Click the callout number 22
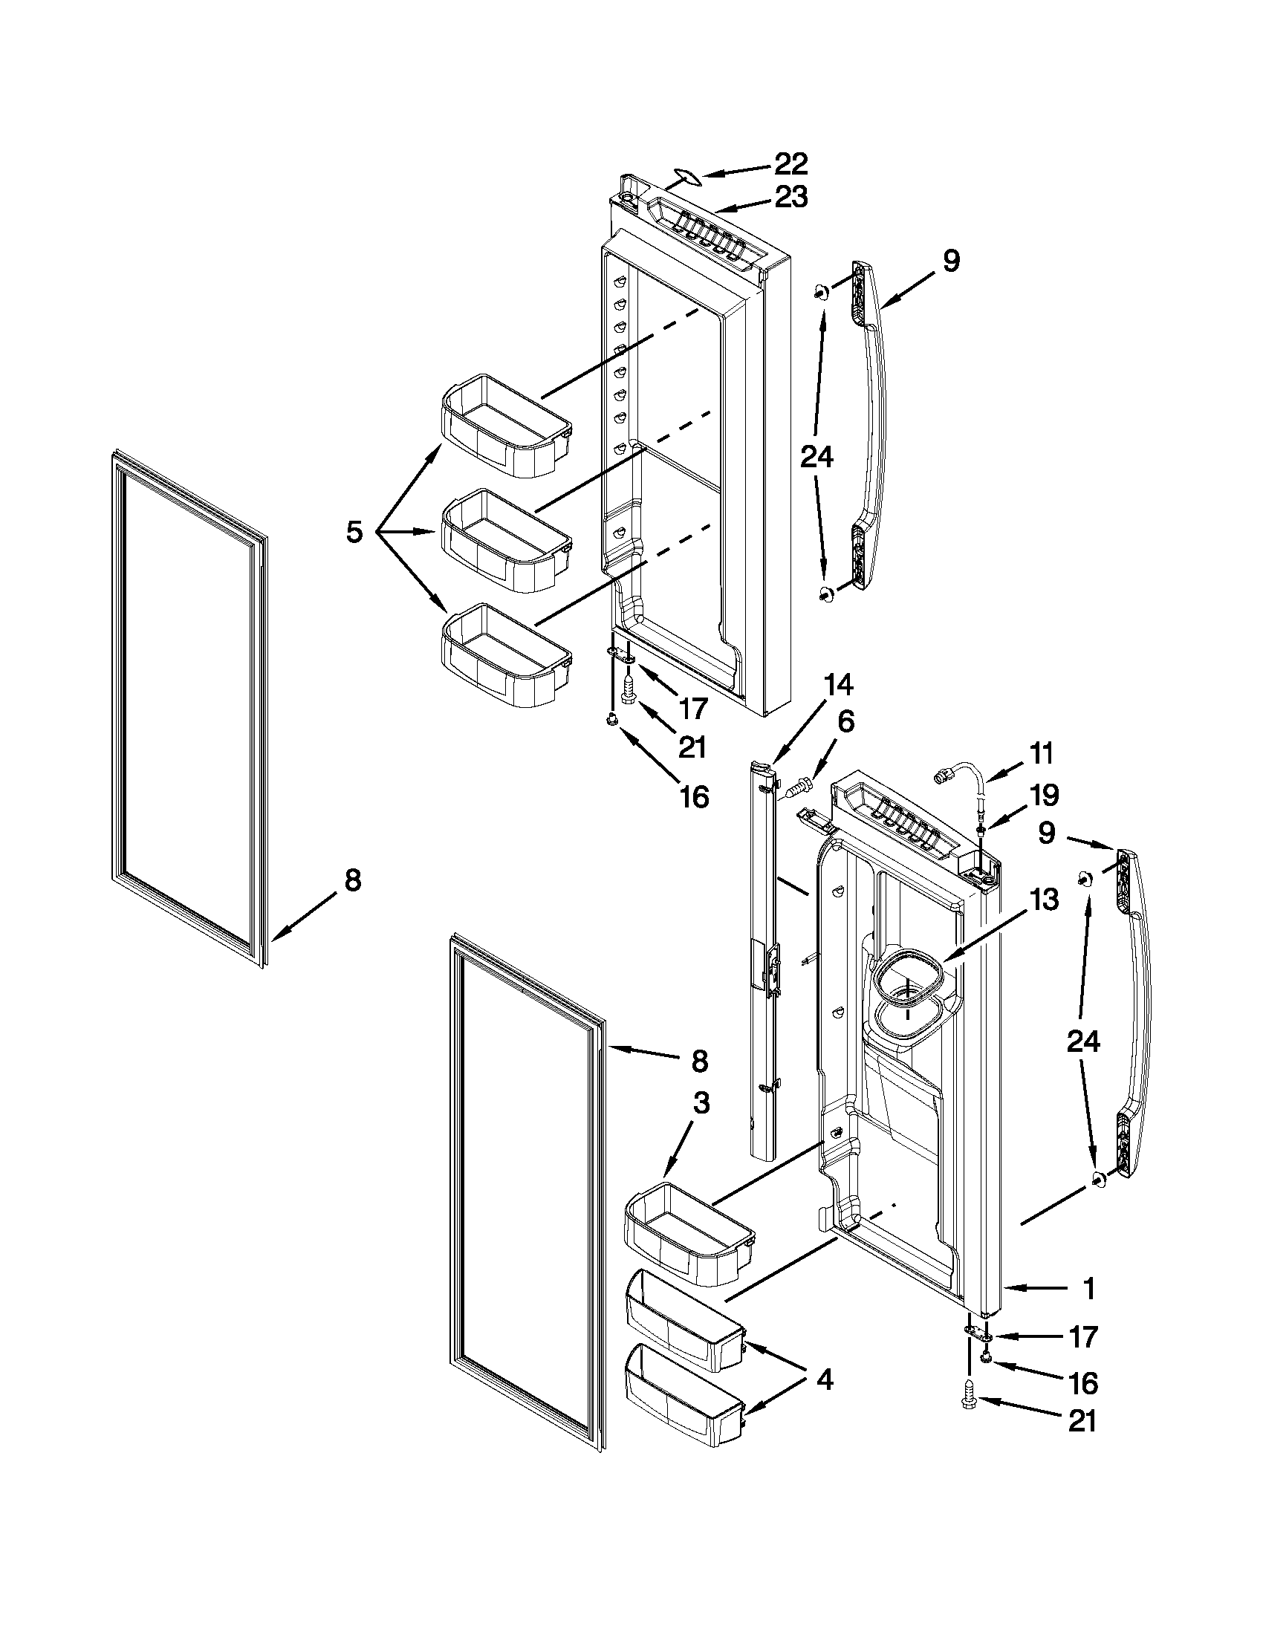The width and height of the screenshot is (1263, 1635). tap(790, 163)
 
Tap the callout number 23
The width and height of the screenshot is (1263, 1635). tap(790, 197)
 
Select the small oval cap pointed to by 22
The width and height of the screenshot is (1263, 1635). tap(685, 175)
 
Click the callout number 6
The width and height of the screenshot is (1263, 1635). tap(845, 722)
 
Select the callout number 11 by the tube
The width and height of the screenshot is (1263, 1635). tap(1042, 753)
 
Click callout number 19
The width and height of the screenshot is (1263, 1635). tap(1044, 795)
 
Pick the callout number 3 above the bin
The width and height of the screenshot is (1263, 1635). tap(701, 1102)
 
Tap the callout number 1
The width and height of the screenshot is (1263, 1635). tap(1089, 1288)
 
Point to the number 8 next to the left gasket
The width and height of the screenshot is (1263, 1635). tap(353, 880)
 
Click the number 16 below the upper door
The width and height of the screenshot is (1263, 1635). tap(694, 796)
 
